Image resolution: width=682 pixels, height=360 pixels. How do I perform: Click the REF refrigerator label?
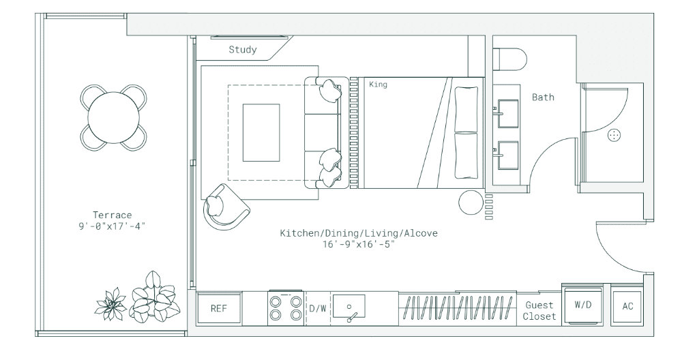pos(219,308)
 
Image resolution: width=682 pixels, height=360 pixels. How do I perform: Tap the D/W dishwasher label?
pos(318,308)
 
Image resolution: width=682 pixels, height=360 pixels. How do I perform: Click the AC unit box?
pos(627,307)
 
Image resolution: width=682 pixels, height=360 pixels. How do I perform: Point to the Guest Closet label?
pos(539,310)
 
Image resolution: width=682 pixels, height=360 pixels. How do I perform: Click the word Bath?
pos(544,97)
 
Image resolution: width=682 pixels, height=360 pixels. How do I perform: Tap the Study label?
pos(243,50)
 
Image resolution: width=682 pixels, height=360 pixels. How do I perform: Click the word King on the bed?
pos(378,84)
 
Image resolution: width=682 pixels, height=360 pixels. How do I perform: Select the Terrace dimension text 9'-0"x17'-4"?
pos(112,226)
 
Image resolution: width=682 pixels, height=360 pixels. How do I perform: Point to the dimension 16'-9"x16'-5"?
pos(359,244)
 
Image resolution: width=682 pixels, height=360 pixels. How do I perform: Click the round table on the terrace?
pos(113,118)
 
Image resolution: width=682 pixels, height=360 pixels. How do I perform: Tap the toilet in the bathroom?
pos(509,59)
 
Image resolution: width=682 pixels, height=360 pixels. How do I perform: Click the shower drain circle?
pos(614,135)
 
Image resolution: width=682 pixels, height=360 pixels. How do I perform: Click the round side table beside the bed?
pos(471,202)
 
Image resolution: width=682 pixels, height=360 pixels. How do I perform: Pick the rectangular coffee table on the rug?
pos(261,132)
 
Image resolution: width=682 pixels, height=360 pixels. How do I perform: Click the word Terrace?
pos(113,215)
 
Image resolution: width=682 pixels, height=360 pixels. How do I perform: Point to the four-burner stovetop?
pos(285,307)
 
